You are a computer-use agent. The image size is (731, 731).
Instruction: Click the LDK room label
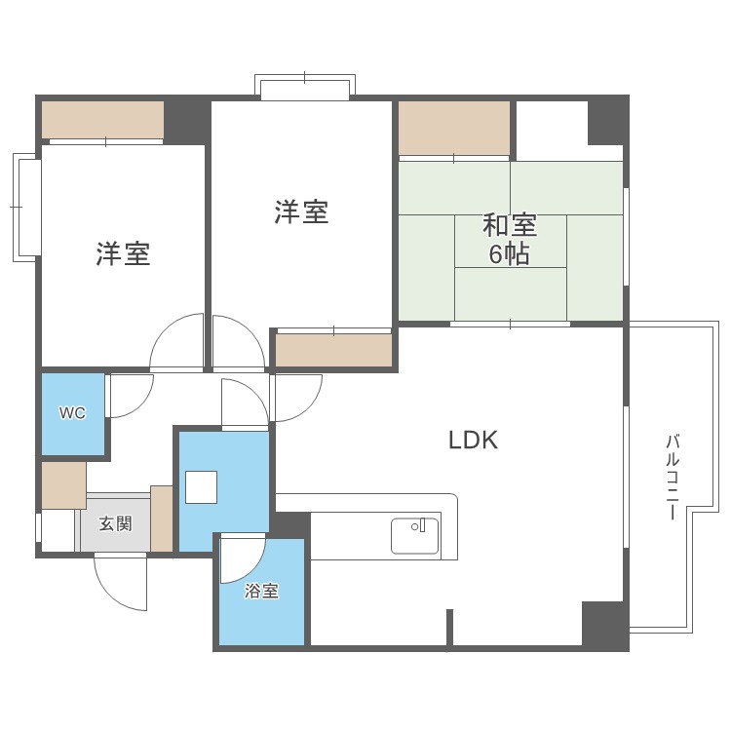[473, 440]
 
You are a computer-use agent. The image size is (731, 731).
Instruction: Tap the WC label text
[72, 412]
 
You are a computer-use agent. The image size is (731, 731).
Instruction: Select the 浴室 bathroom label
[261, 591]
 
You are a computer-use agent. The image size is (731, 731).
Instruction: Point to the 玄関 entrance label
[116, 523]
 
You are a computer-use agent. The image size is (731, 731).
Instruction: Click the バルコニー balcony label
[672, 477]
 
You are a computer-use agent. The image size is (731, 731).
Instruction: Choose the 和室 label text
[510, 226]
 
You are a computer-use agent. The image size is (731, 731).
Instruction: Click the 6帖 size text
[510, 255]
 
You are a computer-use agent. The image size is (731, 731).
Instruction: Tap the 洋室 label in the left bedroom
[123, 254]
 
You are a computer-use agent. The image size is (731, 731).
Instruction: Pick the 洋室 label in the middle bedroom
[301, 212]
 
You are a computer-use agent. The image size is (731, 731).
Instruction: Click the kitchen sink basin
[415, 535]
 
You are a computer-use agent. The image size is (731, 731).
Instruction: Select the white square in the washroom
[201, 486]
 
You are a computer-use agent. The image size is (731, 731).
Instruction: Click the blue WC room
[73, 429]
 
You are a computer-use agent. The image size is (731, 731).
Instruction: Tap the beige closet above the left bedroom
[102, 120]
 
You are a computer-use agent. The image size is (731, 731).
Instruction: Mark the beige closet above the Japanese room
[455, 128]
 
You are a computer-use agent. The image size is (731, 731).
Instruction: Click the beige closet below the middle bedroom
[333, 350]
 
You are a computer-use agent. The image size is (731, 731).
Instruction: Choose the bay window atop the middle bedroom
[304, 88]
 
